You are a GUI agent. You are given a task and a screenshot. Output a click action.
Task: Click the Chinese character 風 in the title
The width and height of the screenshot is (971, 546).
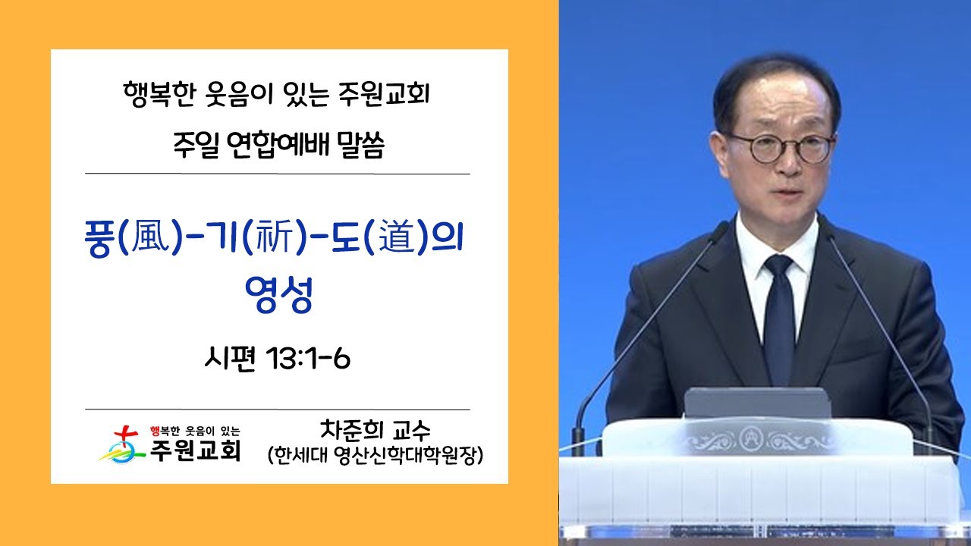(150, 238)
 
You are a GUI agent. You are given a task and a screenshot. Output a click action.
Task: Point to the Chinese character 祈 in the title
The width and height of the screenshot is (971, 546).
(275, 238)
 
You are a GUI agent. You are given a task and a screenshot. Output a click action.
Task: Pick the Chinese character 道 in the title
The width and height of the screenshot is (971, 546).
(397, 238)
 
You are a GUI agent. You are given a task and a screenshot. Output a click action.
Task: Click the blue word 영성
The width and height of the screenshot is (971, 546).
(278, 294)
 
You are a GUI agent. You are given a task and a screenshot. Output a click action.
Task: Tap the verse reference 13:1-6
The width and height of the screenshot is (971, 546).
(309, 359)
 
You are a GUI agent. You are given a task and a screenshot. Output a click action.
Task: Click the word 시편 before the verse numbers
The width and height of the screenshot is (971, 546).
(230, 359)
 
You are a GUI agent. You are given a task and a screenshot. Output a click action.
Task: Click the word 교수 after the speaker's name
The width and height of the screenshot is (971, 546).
(411, 430)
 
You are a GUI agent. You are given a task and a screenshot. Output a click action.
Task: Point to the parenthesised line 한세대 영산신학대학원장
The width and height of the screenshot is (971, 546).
(376, 455)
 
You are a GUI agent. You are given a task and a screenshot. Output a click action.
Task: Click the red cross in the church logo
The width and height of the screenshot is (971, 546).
(126, 435)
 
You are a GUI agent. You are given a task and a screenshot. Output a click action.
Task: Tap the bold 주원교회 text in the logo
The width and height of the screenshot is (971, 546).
(195, 450)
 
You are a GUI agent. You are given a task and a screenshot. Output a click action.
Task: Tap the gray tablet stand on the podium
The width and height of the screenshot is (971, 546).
(758, 403)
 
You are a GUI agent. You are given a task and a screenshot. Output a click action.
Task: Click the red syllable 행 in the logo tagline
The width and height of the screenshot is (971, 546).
(155, 431)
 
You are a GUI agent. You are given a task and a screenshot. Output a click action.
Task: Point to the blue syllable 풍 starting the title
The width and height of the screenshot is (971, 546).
(99, 239)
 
